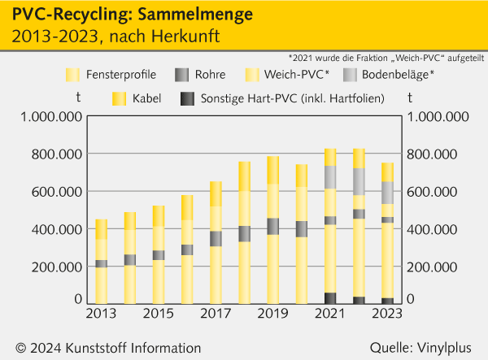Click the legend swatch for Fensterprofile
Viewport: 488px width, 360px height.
tap(72, 75)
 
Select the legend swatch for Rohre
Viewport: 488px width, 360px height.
tap(182, 75)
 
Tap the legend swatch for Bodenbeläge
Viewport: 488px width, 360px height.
tap(350, 75)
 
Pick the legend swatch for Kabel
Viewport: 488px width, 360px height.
tap(120, 98)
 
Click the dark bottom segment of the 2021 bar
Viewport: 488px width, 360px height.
tap(331, 298)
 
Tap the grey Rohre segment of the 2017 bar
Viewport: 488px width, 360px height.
tap(216, 238)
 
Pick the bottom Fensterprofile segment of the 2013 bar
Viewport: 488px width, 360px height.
tap(102, 285)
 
